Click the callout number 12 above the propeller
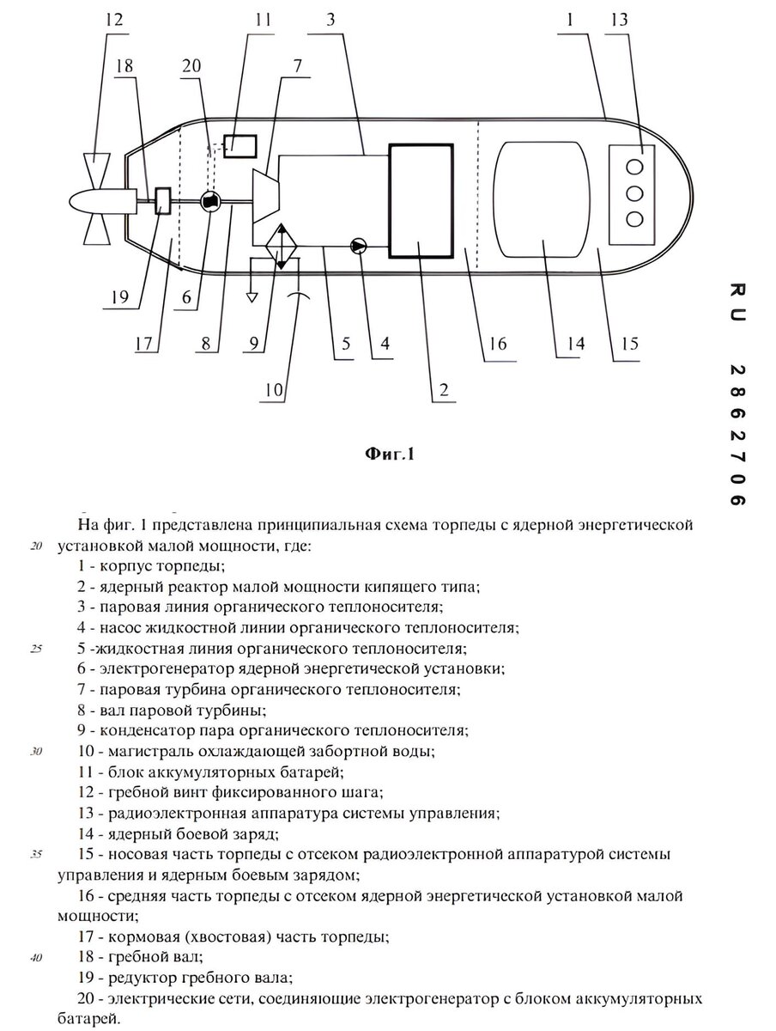[114, 19]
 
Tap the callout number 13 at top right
[619, 19]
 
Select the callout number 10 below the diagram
[274, 390]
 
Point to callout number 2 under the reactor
[444, 390]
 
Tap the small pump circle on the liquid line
[359, 246]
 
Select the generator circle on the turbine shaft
[210, 202]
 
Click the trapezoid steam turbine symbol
[266, 196]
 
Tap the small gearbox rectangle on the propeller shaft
[163, 201]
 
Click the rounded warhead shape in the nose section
[542, 199]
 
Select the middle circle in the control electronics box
[634, 193]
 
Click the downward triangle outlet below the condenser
[252, 297]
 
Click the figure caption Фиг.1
[390, 454]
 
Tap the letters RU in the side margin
[737, 302]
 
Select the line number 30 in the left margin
[36, 751]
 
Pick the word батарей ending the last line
[86, 1019]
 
